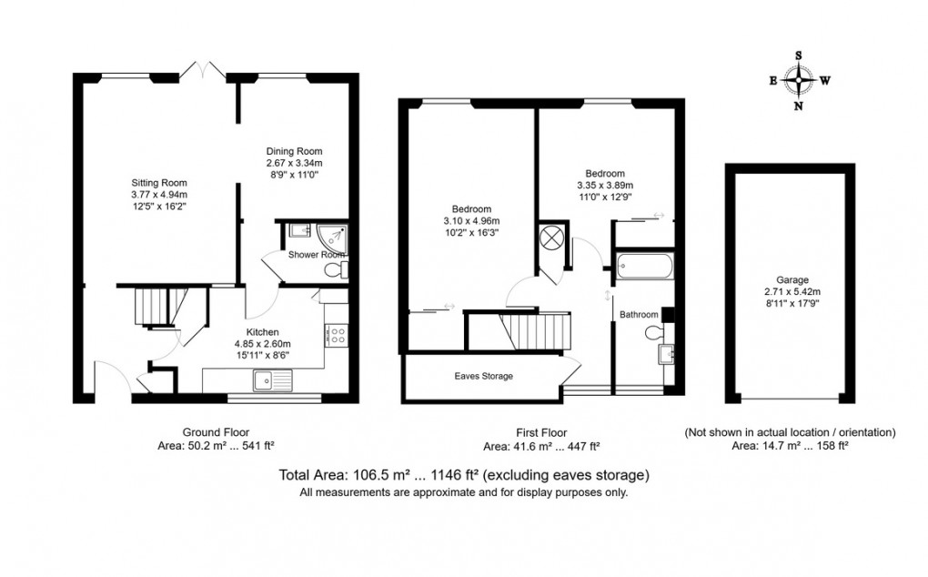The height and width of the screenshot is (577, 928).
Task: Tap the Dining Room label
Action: click(x=294, y=151)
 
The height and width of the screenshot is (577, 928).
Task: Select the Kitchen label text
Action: click(x=261, y=332)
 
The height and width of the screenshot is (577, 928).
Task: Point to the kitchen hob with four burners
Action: click(x=334, y=335)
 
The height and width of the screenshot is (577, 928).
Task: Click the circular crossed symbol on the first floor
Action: click(x=550, y=240)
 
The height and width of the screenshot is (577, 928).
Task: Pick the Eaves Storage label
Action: click(x=484, y=376)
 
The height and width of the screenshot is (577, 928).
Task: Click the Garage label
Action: click(x=788, y=280)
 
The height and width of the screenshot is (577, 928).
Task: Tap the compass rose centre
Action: click(x=799, y=80)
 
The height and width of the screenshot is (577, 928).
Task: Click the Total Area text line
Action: click(x=463, y=475)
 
